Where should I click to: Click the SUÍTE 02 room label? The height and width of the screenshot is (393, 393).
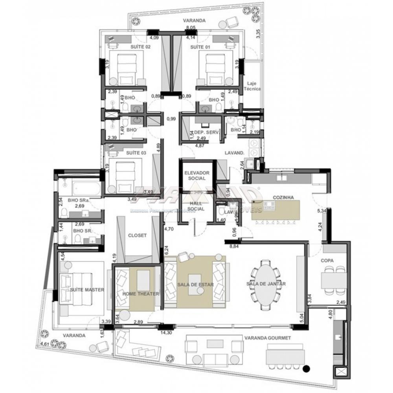140,46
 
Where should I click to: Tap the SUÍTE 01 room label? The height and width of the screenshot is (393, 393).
198,46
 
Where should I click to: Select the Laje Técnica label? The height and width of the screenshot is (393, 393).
253,86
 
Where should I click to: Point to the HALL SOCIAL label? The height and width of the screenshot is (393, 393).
196,206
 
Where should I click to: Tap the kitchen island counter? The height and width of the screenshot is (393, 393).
275,210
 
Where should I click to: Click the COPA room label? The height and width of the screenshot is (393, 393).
327,261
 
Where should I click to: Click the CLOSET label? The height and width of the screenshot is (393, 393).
137,235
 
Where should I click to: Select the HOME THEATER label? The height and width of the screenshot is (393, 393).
140,294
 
